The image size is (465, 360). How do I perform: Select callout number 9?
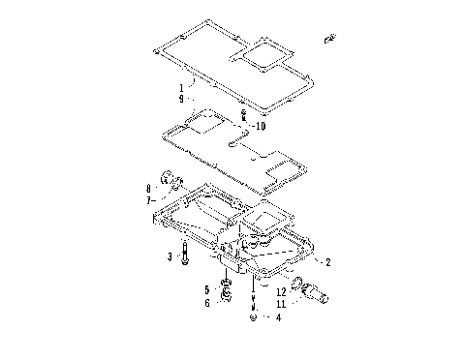click(x=181, y=99)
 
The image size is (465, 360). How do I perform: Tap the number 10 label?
click(x=260, y=127)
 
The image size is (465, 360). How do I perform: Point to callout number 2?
click(x=327, y=262)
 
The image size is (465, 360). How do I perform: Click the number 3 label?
click(x=170, y=256)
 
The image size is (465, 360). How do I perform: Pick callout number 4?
click(x=278, y=316)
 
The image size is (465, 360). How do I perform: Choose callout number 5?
click(x=206, y=289)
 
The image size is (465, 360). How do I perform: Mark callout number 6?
click(x=206, y=302)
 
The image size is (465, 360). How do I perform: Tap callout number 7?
click(x=149, y=200)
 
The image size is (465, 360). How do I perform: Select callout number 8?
click(x=149, y=188)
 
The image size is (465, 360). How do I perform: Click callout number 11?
click(x=280, y=302)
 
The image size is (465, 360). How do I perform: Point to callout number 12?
click(x=280, y=290)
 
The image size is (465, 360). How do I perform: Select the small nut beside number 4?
click(x=253, y=315)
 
